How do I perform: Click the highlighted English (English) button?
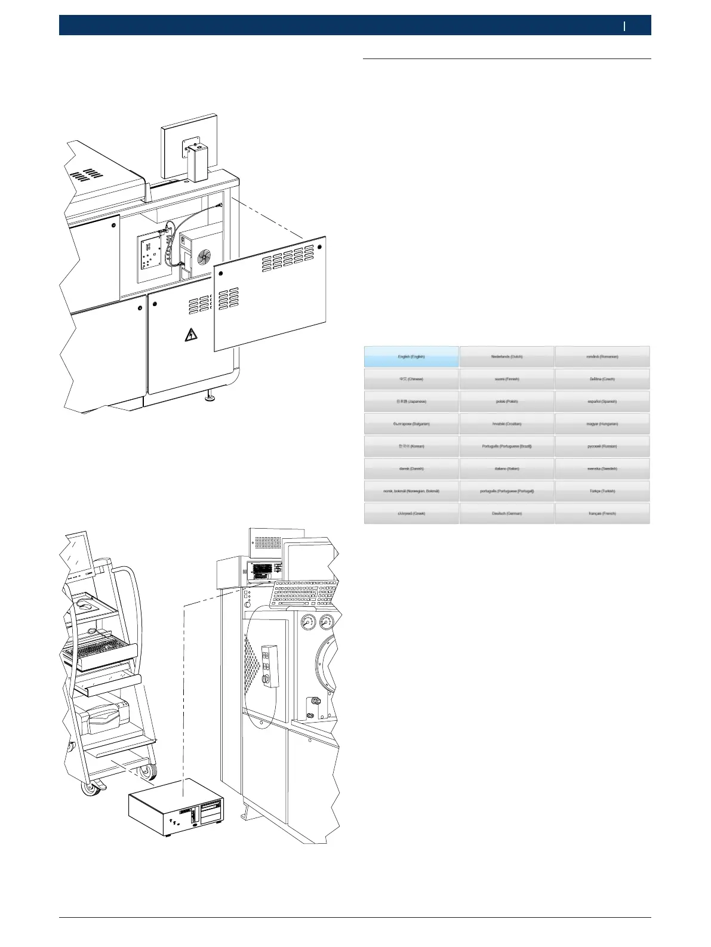[x=411, y=357]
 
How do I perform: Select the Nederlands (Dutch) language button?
[x=507, y=357]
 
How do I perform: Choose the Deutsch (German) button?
[x=507, y=513]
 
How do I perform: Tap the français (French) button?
[x=602, y=513]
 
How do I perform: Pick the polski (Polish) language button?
[x=507, y=402]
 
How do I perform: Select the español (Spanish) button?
[x=602, y=402]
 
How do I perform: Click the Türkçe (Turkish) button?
[x=602, y=491]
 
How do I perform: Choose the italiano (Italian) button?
[x=507, y=468]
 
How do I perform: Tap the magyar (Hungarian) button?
[x=602, y=424]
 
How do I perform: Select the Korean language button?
[x=411, y=446]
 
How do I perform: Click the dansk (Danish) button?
[x=411, y=468]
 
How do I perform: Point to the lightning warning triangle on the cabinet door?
[x=191, y=335]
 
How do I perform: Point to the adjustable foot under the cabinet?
[x=210, y=396]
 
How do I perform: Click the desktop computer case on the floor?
[x=177, y=808]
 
